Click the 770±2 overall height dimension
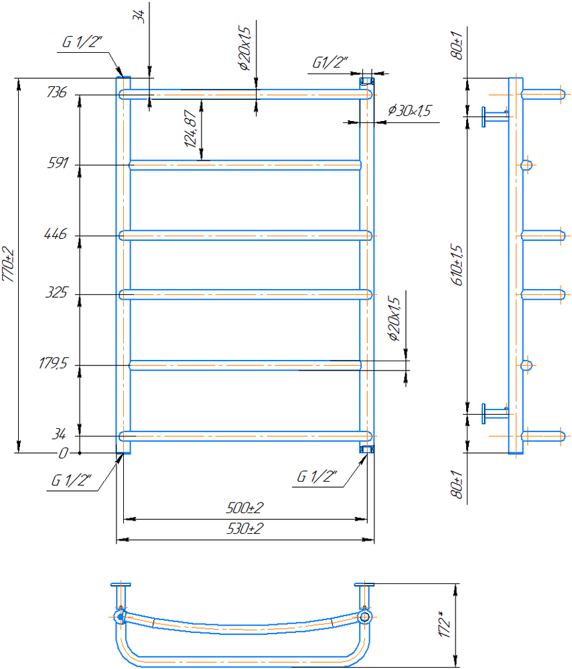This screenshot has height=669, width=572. coord(9,265)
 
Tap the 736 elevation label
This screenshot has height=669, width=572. coord(57,92)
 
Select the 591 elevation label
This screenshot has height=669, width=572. coord(57,163)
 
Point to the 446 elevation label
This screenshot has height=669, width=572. coord(56,233)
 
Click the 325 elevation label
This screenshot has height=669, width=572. coord(56,293)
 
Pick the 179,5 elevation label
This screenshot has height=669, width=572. coord(53,363)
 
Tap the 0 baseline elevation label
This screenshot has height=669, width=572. coord(63,453)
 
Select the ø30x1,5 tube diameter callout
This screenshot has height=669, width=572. coord(409,110)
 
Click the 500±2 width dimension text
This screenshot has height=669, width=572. coord(244,508)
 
